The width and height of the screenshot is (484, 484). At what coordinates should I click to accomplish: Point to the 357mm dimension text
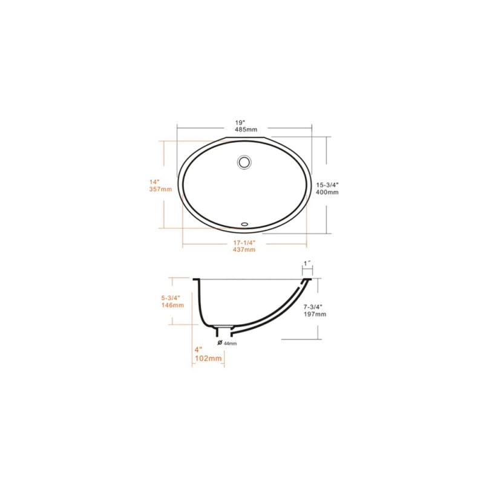(160, 189)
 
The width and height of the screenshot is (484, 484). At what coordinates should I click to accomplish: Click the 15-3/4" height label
(327, 185)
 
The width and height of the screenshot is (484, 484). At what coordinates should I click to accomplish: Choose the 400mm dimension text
(327, 192)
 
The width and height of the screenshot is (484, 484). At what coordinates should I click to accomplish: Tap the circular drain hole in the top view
(245, 162)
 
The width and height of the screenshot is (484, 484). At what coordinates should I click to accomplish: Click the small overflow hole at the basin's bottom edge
(244, 223)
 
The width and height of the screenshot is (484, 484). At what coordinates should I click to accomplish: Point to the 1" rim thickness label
(307, 263)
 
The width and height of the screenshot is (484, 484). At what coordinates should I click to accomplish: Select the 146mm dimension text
(172, 306)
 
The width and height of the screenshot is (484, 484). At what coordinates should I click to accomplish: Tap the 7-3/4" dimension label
(315, 307)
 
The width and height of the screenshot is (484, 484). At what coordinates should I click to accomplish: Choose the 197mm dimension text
(315, 315)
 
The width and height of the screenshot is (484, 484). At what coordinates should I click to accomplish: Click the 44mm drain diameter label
(230, 344)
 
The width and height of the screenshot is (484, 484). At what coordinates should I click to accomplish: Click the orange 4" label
(198, 350)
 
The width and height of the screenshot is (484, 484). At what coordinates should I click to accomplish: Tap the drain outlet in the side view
(224, 330)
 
